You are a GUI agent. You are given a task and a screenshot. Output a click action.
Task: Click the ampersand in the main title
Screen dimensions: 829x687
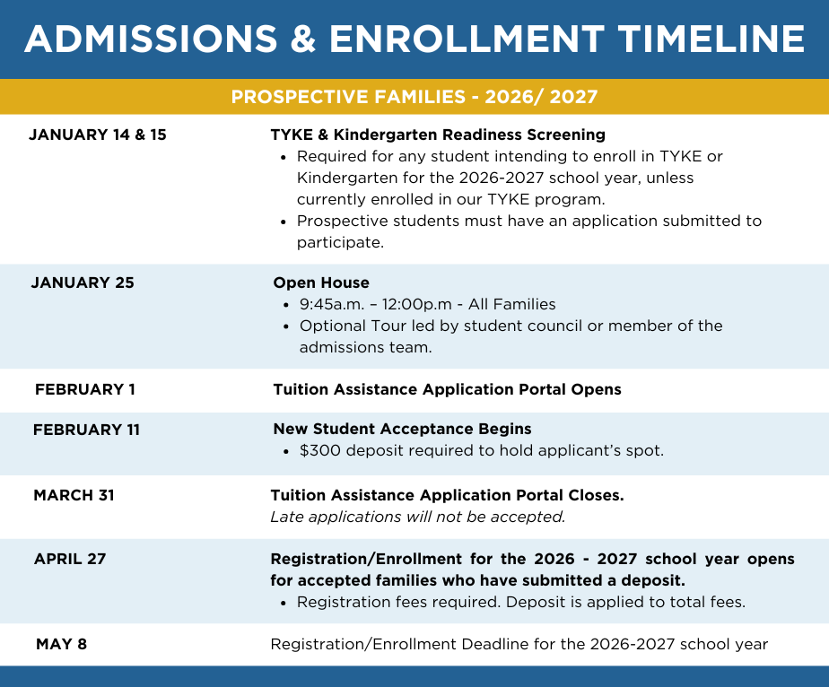point(303,39)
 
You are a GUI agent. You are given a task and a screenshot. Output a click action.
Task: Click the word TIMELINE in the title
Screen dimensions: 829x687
point(711,39)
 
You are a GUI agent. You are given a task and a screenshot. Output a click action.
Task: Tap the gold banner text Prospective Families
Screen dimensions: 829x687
point(348,97)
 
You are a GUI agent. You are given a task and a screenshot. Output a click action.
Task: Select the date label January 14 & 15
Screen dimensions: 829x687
point(98,135)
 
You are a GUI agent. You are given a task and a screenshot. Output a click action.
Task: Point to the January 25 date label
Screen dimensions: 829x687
point(83,283)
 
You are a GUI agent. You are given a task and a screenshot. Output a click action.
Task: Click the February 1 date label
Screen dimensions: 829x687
point(85,389)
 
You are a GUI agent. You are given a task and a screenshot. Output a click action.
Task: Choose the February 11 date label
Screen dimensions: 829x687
point(86,430)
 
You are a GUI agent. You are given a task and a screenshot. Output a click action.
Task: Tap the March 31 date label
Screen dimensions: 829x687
point(74,495)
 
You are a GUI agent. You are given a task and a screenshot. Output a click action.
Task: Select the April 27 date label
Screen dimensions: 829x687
point(70,559)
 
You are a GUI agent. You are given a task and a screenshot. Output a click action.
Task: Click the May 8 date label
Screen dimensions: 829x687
point(61,644)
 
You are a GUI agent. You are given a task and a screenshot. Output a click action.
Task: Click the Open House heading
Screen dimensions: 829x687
point(321,283)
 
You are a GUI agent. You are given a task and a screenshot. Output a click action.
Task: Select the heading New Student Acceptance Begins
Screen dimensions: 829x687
point(402,429)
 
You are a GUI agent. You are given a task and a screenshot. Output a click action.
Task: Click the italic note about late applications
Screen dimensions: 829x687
point(418,517)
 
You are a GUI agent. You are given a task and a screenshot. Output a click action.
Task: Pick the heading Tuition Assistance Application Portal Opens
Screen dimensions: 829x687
point(448,389)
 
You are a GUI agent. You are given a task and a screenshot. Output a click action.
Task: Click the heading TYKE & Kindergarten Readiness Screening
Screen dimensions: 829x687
point(438,135)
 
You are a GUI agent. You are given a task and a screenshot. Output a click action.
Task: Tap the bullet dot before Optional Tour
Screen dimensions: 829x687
point(286,326)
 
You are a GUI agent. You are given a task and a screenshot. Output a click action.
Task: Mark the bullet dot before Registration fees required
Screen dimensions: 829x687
point(284,603)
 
